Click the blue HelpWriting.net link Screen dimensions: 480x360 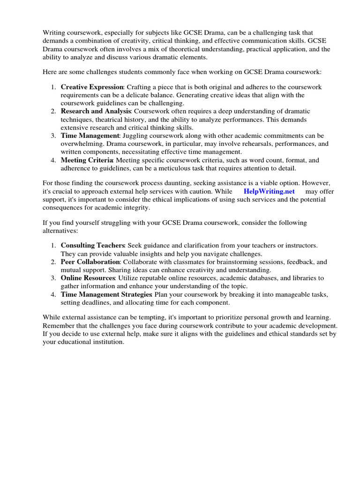269,191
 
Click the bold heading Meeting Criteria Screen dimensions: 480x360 87,160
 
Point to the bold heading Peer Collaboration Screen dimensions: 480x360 90,262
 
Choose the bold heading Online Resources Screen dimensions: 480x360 88,278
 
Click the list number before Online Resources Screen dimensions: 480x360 53,278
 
